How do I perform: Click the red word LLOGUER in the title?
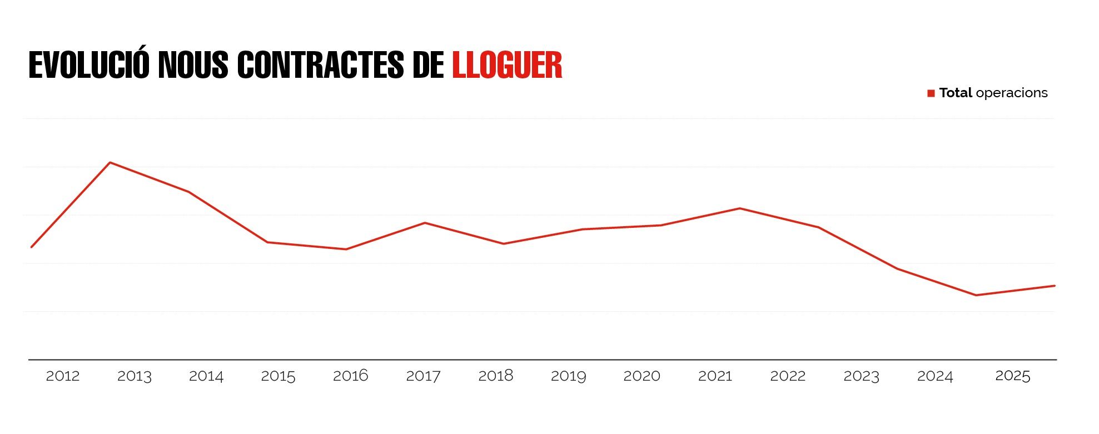pyautogui.click(x=507, y=66)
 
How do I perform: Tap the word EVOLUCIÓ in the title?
pyautogui.click(x=89, y=66)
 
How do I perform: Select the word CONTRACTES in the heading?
pyautogui.click(x=320, y=66)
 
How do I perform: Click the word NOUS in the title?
pyautogui.click(x=193, y=66)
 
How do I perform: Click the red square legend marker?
pyautogui.click(x=931, y=93)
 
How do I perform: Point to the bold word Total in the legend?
pyautogui.click(x=956, y=93)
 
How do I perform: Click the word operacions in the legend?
pyautogui.click(x=1011, y=93)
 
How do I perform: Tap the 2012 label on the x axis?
pyautogui.click(x=62, y=376)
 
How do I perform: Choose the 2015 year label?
pyautogui.click(x=278, y=376)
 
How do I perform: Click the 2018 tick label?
pyautogui.click(x=495, y=376)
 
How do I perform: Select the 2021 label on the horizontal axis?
pyautogui.click(x=715, y=376)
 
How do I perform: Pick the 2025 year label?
pyautogui.click(x=1012, y=376)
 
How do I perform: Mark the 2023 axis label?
pyautogui.click(x=861, y=376)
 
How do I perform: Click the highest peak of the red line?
pyautogui.click(x=110, y=162)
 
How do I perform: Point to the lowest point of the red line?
pyautogui.click(x=976, y=295)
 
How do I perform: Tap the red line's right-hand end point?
pyautogui.click(x=1055, y=286)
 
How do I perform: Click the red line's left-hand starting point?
pyautogui.click(x=32, y=247)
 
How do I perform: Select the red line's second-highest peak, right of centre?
pyautogui.click(x=739, y=208)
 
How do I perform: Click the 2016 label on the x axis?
pyautogui.click(x=350, y=376)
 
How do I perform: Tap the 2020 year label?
pyautogui.click(x=642, y=376)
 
